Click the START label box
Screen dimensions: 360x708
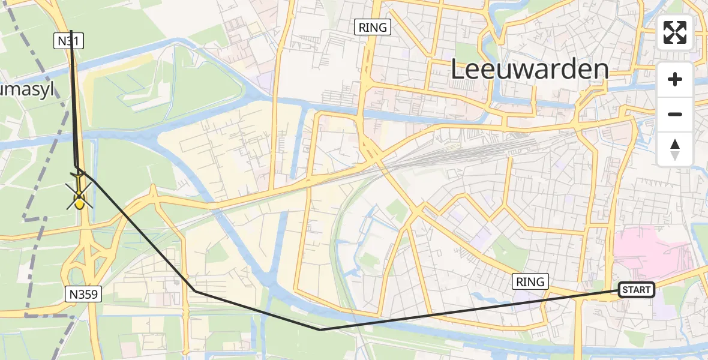636,290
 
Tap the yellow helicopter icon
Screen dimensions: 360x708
79,196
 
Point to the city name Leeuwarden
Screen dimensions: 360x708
529,70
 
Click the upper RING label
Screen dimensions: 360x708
373,27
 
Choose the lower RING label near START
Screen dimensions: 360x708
530,281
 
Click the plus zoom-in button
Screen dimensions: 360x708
675,79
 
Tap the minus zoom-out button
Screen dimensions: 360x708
675,114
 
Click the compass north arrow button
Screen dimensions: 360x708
675,149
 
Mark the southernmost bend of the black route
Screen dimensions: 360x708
320,329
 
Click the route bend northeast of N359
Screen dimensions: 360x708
194,291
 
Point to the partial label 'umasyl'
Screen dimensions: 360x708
27,91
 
